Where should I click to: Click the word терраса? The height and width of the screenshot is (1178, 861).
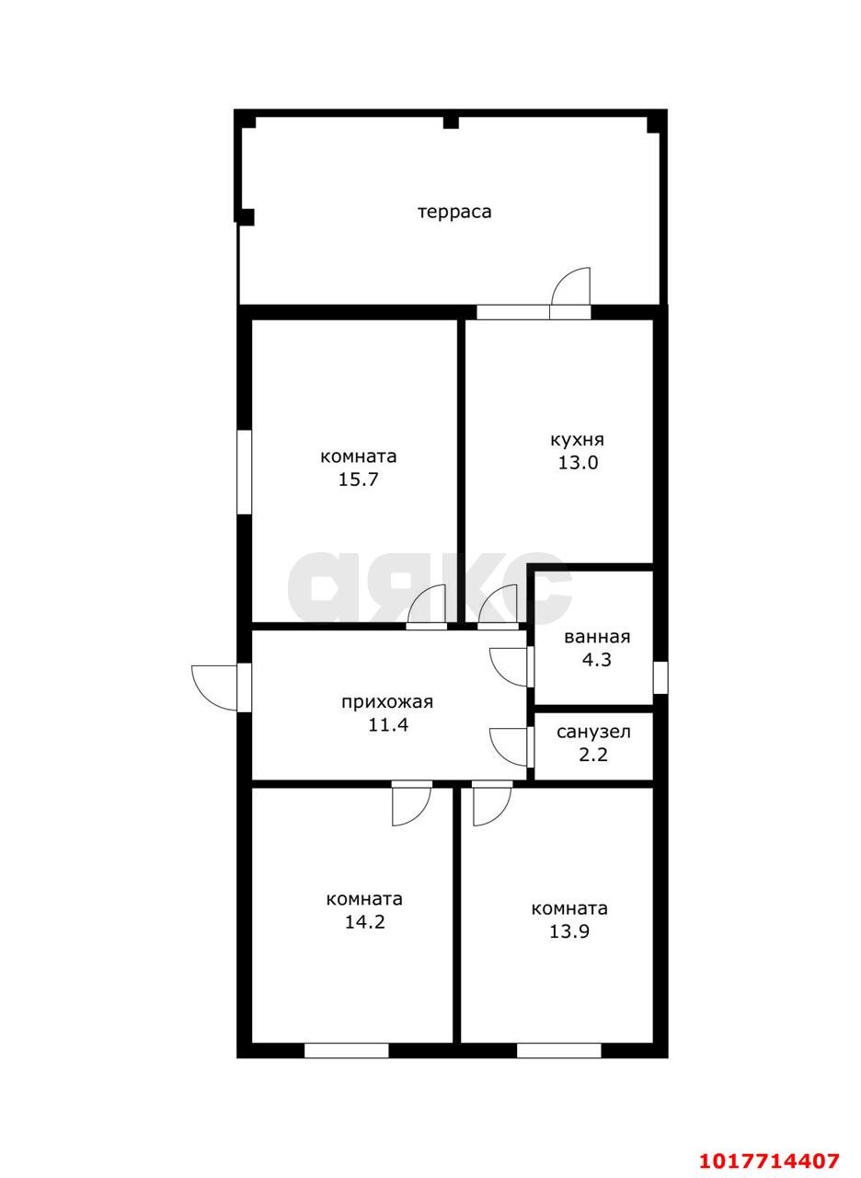(x=454, y=212)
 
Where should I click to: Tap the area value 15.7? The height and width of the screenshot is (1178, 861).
(x=358, y=479)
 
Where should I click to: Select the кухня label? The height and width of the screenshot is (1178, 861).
(x=577, y=440)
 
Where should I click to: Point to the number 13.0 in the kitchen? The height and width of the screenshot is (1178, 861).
(x=578, y=463)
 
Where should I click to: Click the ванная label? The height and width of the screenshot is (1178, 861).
(x=597, y=637)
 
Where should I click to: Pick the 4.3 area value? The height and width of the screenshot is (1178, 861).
(x=597, y=660)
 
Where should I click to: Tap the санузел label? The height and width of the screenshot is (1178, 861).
(x=593, y=732)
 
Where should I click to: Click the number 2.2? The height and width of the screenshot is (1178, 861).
(x=593, y=755)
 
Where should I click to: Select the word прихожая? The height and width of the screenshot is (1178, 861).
(x=387, y=702)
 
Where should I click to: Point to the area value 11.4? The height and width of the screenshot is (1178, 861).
(x=388, y=725)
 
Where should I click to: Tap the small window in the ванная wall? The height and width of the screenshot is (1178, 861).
(x=660, y=677)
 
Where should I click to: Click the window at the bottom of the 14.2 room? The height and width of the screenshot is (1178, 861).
(x=347, y=1050)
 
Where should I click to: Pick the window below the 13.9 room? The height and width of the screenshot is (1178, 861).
(x=558, y=1050)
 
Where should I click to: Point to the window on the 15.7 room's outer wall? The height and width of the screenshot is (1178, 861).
(x=245, y=472)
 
